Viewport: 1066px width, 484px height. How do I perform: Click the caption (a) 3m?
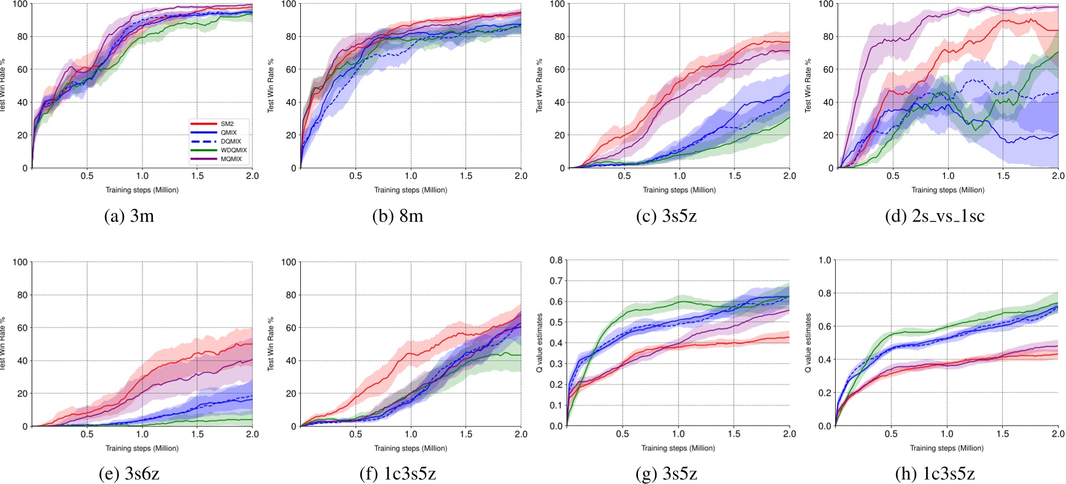130,216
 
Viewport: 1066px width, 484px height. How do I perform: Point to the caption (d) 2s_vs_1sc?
935,216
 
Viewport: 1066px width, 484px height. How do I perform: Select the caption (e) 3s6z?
130,474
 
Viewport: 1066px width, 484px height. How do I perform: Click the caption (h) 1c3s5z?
935,474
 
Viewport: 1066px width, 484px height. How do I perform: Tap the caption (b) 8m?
398,216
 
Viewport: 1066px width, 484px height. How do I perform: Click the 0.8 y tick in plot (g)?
555,260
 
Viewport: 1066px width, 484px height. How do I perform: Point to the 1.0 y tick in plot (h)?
825,260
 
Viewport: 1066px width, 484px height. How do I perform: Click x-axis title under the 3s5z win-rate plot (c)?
679,190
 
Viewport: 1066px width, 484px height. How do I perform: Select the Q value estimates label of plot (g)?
540,343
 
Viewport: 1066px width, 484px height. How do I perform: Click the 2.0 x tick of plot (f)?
521,434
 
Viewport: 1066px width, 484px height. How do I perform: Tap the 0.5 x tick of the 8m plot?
356,176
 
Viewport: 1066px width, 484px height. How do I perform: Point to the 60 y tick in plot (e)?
22,328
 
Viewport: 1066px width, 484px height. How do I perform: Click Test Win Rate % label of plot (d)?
808,85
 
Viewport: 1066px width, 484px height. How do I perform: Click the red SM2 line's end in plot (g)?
789,337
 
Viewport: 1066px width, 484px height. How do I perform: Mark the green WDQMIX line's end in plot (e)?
252,420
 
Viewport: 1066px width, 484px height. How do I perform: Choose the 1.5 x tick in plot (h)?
1002,434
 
